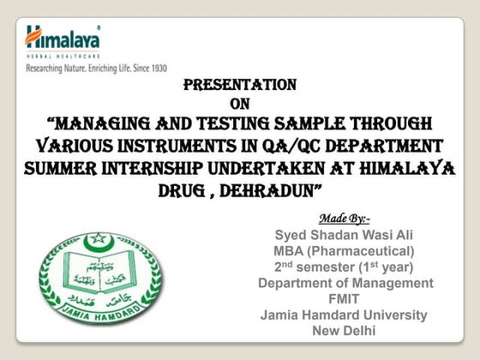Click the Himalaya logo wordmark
[x=62, y=38]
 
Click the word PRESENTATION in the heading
[x=241, y=85]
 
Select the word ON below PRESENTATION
[x=241, y=104]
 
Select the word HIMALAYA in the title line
[x=410, y=168]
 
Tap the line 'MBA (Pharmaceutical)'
[x=344, y=251]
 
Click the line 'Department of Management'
[x=345, y=283]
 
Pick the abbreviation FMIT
[x=345, y=299]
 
